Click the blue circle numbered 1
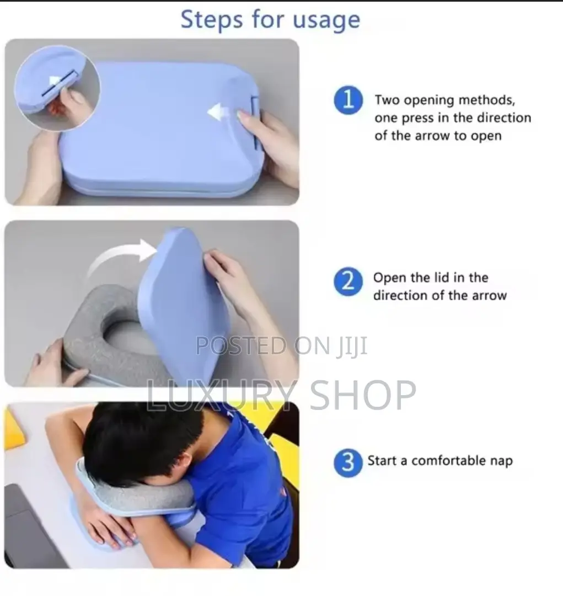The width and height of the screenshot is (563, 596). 348,102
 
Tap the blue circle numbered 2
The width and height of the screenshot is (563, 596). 348,282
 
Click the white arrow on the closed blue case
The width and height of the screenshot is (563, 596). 219,113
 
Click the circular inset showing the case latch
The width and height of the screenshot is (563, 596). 57,88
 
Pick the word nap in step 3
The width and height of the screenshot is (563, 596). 500,460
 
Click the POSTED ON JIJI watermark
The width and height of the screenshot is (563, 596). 281,346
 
